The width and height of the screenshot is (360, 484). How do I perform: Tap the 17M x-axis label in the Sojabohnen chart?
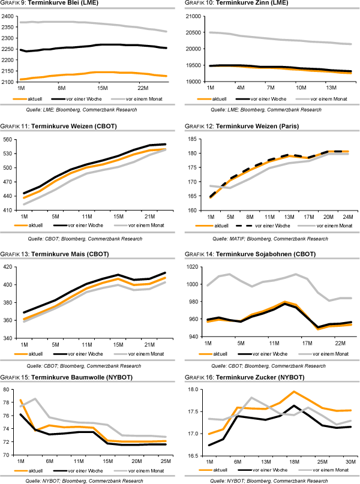point(307,344)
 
